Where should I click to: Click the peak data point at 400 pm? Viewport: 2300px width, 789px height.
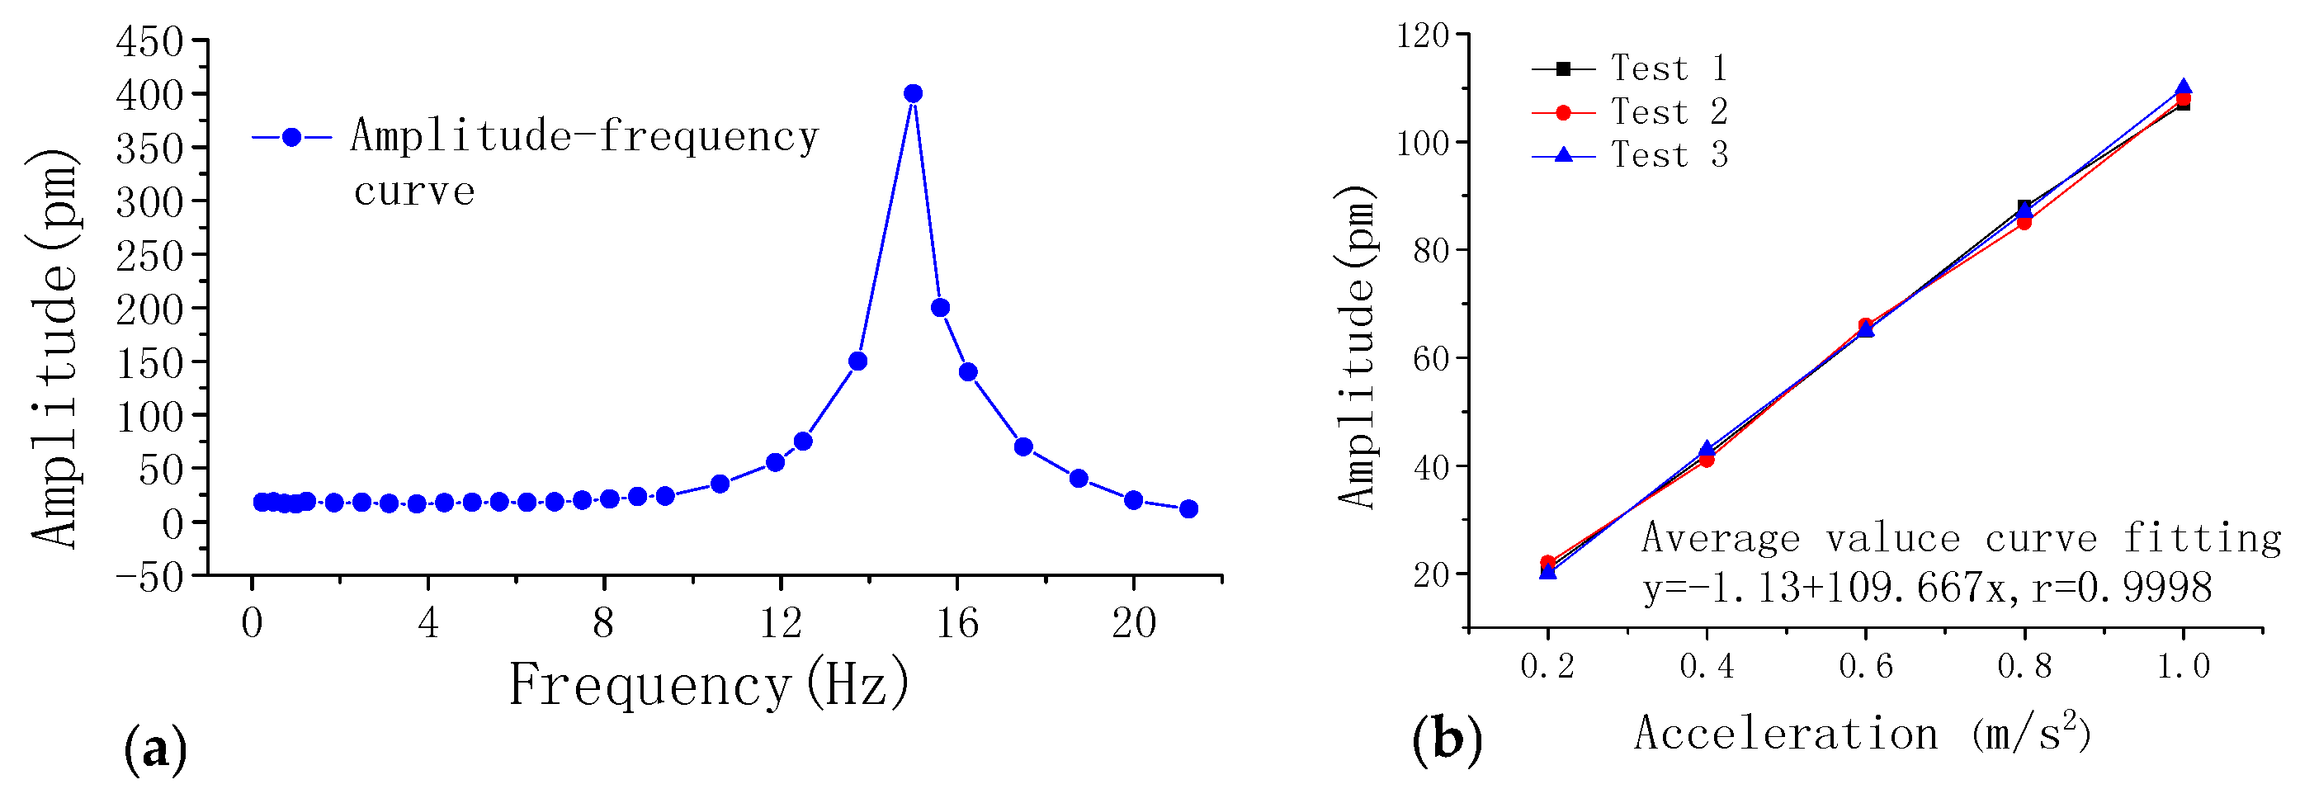pos(913,94)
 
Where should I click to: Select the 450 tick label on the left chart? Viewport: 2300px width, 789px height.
pos(150,42)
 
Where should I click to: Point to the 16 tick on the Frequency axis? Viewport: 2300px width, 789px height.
pos(957,622)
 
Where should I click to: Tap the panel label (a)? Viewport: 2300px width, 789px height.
pos(155,748)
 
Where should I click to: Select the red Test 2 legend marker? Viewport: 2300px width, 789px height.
pos(1562,112)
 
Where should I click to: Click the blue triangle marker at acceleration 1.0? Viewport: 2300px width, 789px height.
pos(2183,88)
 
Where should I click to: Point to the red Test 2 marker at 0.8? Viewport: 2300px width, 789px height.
pos(2024,222)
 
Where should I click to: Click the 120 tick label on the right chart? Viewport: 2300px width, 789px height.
pos(1424,35)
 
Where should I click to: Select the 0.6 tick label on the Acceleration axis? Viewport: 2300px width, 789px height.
pos(1865,666)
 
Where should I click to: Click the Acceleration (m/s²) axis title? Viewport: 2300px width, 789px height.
pos(1863,734)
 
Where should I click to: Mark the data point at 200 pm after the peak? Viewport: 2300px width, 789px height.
pos(940,308)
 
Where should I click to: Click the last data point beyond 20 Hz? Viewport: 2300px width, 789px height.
pos(1188,508)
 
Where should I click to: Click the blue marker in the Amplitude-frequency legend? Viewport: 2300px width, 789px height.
pos(291,138)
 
